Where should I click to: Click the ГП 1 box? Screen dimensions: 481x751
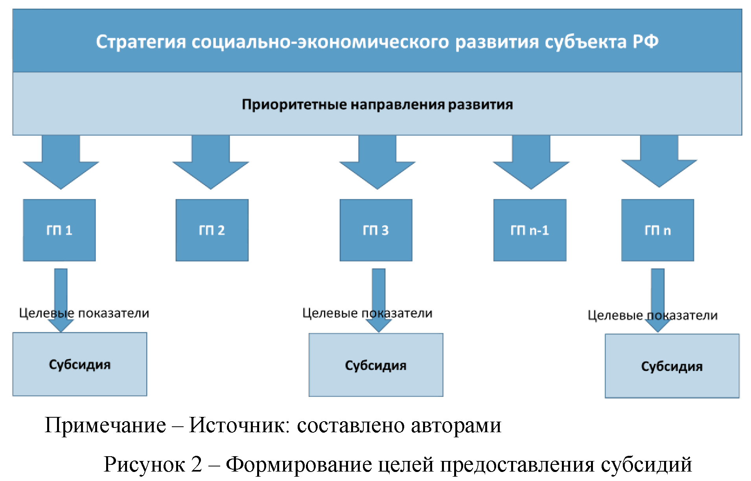tap(59, 230)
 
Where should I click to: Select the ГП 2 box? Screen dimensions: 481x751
tap(212, 230)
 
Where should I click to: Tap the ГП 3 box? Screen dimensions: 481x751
tap(376, 230)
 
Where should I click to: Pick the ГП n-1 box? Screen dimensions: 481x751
tap(530, 230)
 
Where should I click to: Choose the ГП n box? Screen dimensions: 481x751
tap(657, 230)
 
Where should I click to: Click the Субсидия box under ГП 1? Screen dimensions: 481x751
tap(80, 364)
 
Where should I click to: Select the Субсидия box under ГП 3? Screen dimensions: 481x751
tap(376, 365)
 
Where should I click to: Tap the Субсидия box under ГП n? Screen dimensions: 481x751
tap(672, 366)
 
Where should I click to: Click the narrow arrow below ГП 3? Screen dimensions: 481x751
tap(379, 291)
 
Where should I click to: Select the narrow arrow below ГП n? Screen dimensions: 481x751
tap(658, 291)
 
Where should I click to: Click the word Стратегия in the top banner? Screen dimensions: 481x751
tap(141, 42)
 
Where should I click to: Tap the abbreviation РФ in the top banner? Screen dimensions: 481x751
tap(645, 42)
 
